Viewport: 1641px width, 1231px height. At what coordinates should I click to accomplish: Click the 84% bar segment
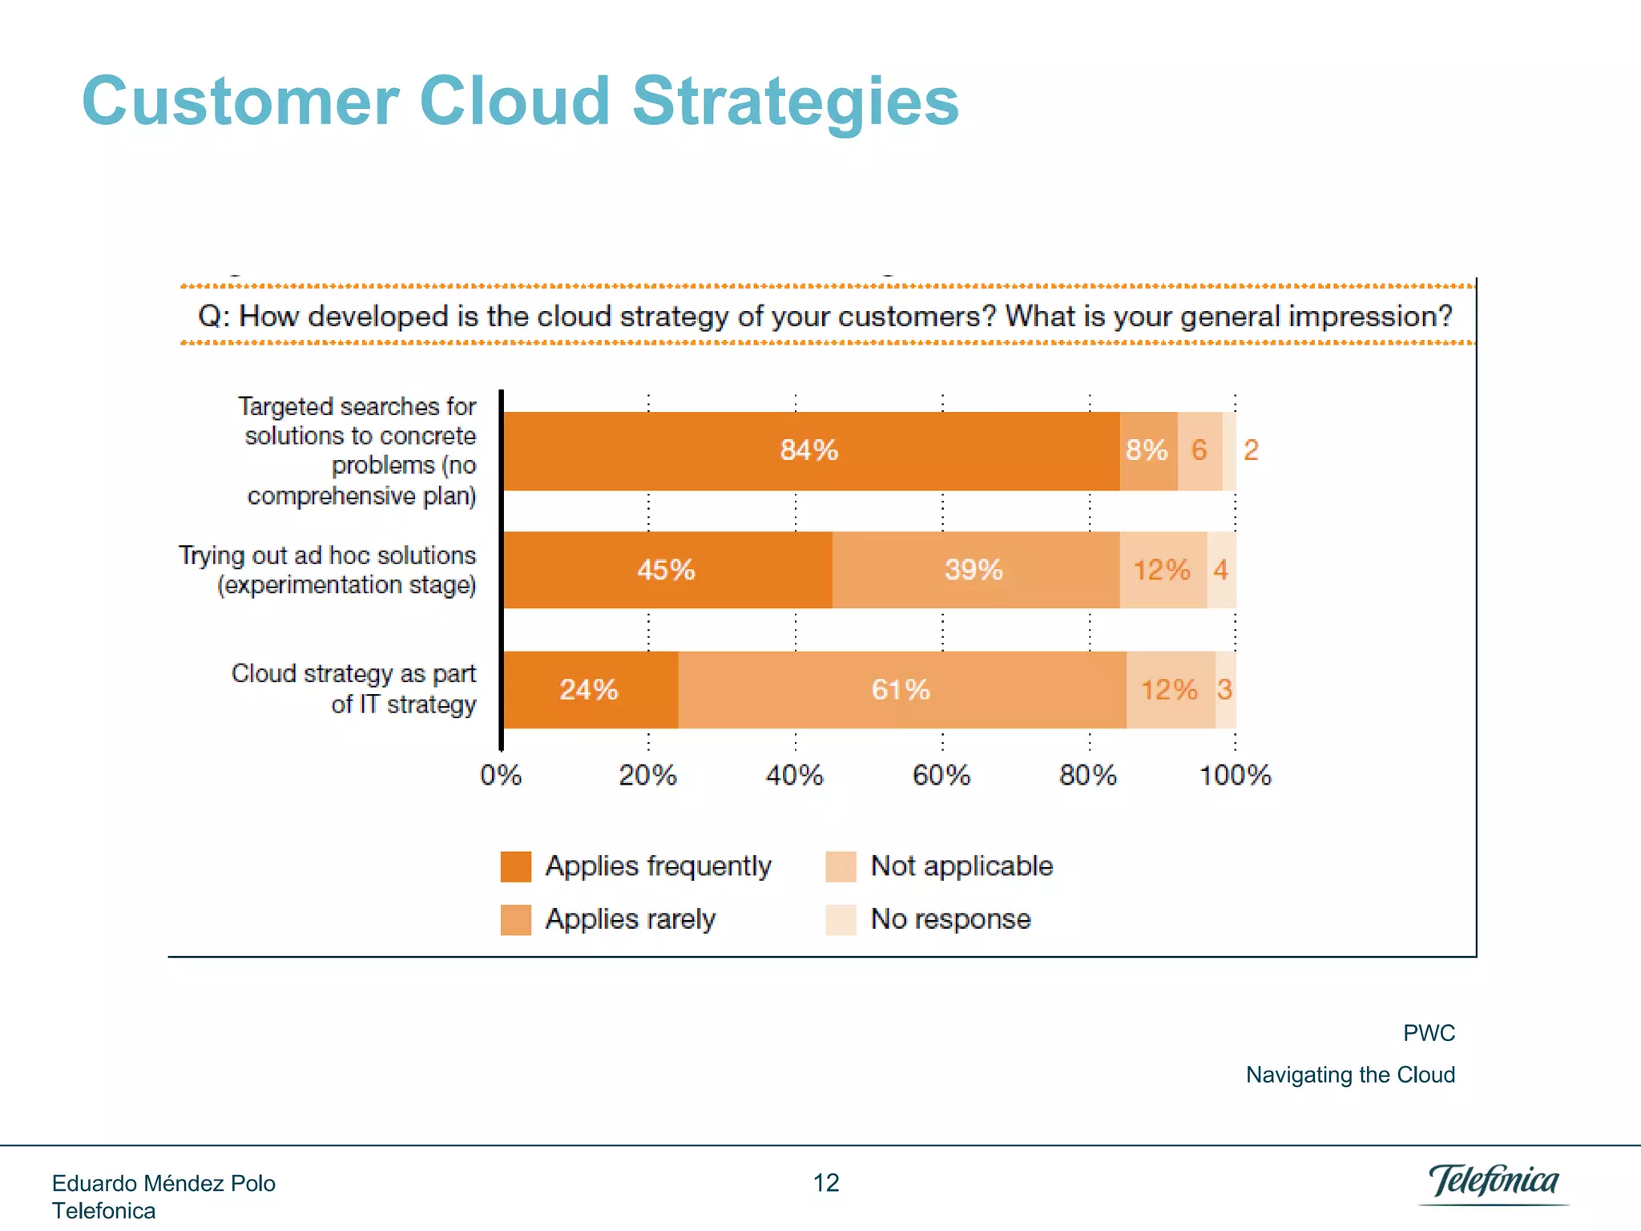pyautogui.click(x=809, y=450)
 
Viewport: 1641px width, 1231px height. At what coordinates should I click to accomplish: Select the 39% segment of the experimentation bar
pyautogui.click(x=974, y=570)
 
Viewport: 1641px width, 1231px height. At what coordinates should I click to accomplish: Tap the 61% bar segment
pyautogui.click(x=901, y=690)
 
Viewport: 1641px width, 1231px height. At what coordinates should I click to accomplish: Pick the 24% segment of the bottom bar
pyautogui.click(x=590, y=690)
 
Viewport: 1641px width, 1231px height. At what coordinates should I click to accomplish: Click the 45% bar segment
pyautogui.click(x=667, y=570)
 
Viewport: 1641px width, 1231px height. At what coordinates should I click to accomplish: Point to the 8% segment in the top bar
pyautogui.click(x=1147, y=450)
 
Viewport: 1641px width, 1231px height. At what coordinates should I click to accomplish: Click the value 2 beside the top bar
pyautogui.click(x=1251, y=450)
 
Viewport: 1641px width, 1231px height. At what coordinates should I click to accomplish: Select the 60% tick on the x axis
pyautogui.click(x=941, y=775)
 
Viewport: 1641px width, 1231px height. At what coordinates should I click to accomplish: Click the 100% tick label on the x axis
pyautogui.click(x=1235, y=775)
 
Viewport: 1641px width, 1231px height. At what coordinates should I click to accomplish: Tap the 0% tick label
pyautogui.click(x=501, y=775)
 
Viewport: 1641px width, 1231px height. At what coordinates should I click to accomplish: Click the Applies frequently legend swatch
pyautogui.click(x=516, y=866)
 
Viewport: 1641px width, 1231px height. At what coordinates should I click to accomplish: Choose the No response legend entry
pyautogui.click(x=950, y=919)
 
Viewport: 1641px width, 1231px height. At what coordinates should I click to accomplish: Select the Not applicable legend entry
pyautogui.click(x=961, y=866)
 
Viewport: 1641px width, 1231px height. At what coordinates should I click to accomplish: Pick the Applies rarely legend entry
pyautogui.click(x=630, y=919)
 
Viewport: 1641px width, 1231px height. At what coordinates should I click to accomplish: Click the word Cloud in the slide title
pyautogui.click(x=514, y=102)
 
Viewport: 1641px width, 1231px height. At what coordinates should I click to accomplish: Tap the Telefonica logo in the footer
pyautogui.click(x=1494, y=1182)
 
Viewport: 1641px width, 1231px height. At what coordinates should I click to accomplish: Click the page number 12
pyautogui.click(x=826, y=1183)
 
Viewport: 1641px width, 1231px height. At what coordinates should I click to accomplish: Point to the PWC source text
pyautogui.click(x=1429, y=1033)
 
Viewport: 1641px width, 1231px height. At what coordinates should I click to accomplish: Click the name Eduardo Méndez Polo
pyautogui.click(x=163, y=1184)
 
